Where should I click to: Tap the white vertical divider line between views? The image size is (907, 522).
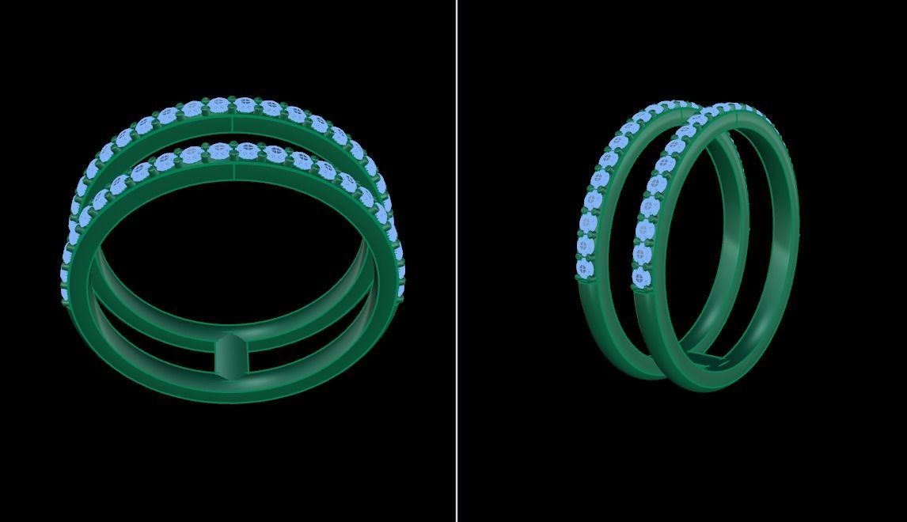pos(456,261)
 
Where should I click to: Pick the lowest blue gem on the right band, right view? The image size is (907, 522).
pos(640,278)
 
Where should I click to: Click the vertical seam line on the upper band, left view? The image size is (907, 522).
pos(233,124)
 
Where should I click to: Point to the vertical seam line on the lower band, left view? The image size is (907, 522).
pos(233,172)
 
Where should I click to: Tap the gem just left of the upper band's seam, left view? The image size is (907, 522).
pos(219,105)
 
